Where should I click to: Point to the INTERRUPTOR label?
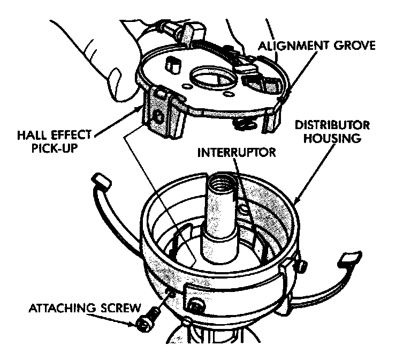point(237,152)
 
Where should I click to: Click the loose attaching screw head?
point(144,324)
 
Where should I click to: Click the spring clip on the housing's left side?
point(102,185)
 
